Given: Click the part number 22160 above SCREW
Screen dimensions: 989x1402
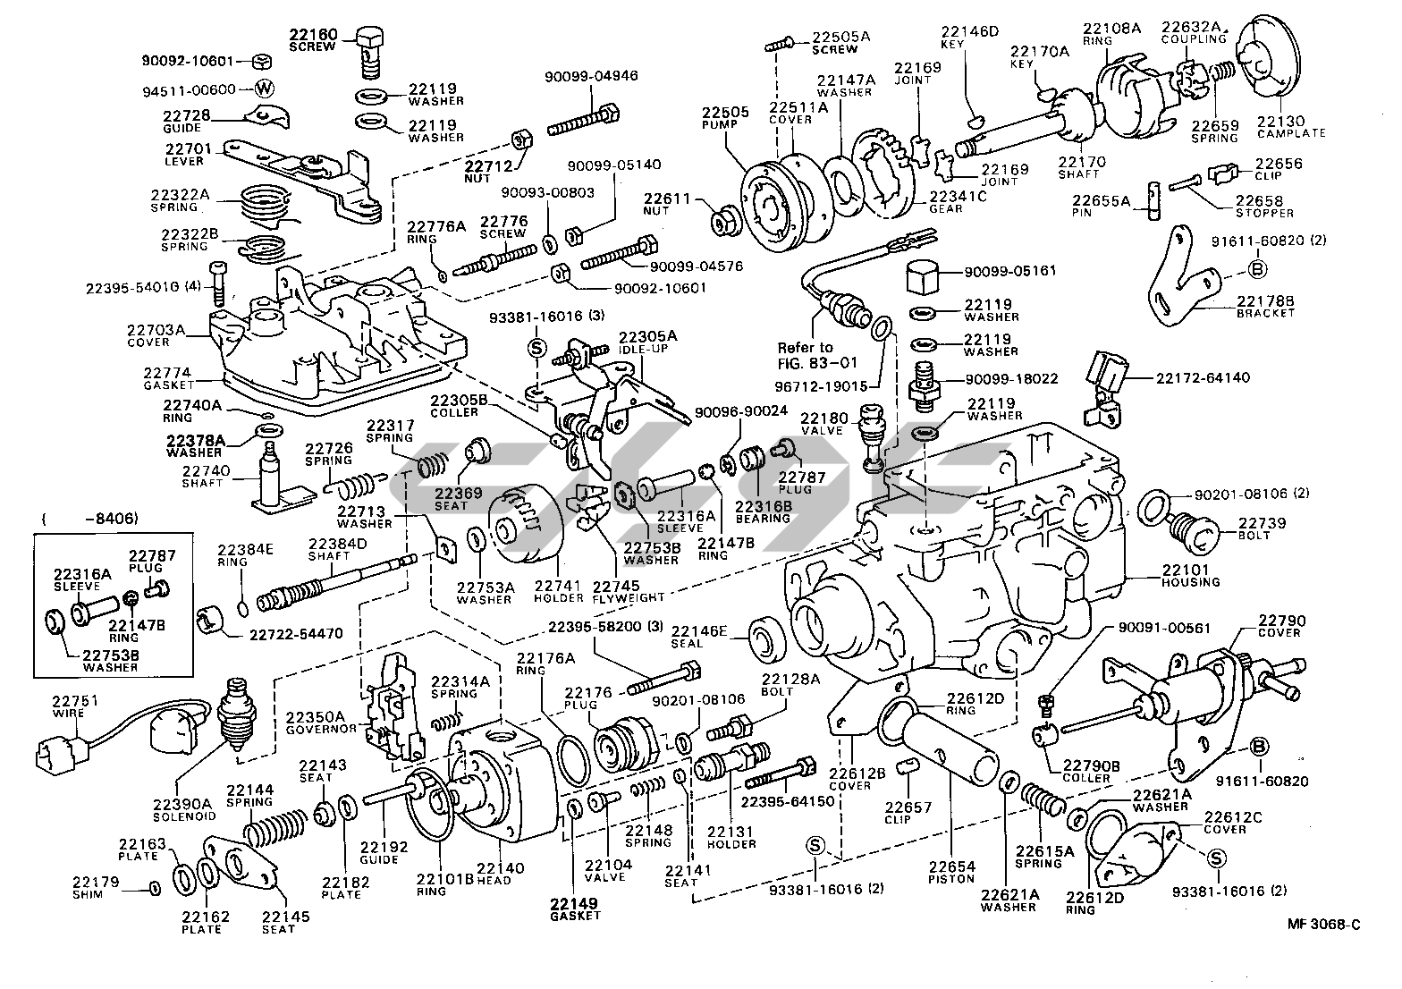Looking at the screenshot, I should click(313, 35).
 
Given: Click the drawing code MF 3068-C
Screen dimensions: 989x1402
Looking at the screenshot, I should click(1323, 924).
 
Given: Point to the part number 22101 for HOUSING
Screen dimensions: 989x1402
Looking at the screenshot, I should click(1185, 570).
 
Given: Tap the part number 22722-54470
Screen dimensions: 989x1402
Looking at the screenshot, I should click(295, 634).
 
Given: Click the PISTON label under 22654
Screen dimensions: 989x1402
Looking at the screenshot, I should click(950, 879).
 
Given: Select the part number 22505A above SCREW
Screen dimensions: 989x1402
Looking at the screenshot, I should click(840, 37).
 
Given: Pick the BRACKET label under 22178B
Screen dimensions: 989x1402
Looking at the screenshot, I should click(1265, 313).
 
